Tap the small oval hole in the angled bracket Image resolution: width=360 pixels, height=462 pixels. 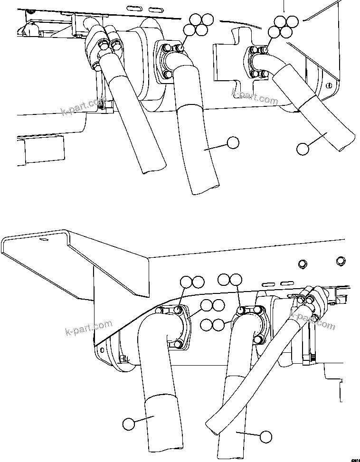(x=44, y=240)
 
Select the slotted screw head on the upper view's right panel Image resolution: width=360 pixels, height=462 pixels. (x=328, y=85)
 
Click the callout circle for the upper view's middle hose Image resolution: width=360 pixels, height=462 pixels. (x=232, y=142)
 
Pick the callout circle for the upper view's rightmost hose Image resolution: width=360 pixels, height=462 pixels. (x=302, y=149)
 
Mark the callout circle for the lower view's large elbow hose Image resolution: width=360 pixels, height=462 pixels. (x=128, y=423)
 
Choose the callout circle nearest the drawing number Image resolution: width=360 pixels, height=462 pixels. (x=266, y=436)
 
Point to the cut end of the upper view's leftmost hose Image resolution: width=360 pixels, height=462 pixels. (x=153, y=166)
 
